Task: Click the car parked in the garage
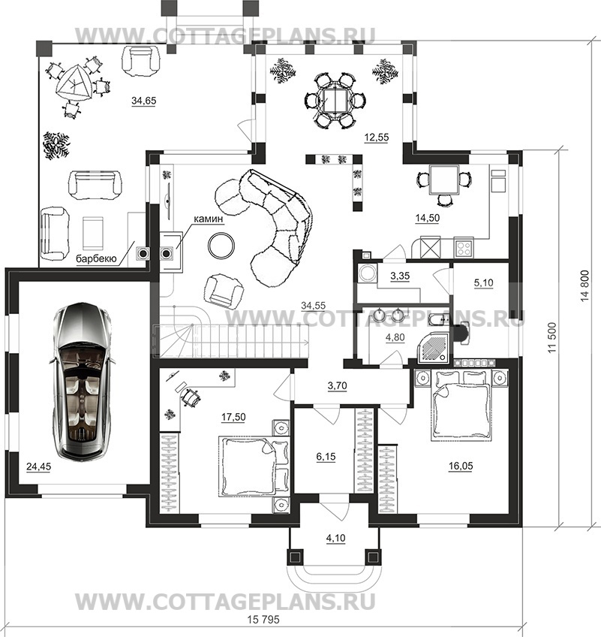tap(83, 382)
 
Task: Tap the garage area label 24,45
tap(39, 466)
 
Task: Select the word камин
tap(208, 219)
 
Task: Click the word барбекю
tap(96, 258)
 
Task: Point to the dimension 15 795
tap(263, 620)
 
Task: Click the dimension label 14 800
tap(584, 285)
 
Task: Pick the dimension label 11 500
tap(551, 337)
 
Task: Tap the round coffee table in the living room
tap(221, 245)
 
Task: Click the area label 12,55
tap(376, 137)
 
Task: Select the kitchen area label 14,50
tap(428, 218)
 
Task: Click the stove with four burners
tap(464, 247)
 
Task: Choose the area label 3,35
tap(400, 276)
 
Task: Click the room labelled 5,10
tap(483, 282)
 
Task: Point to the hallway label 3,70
tap(337, 385)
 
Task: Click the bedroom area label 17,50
tap(233, 417)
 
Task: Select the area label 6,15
tap(326, 457)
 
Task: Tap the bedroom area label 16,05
tap(461, 466)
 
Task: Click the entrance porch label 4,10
tap(335, 539)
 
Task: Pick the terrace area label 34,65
tap(143, 101)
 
